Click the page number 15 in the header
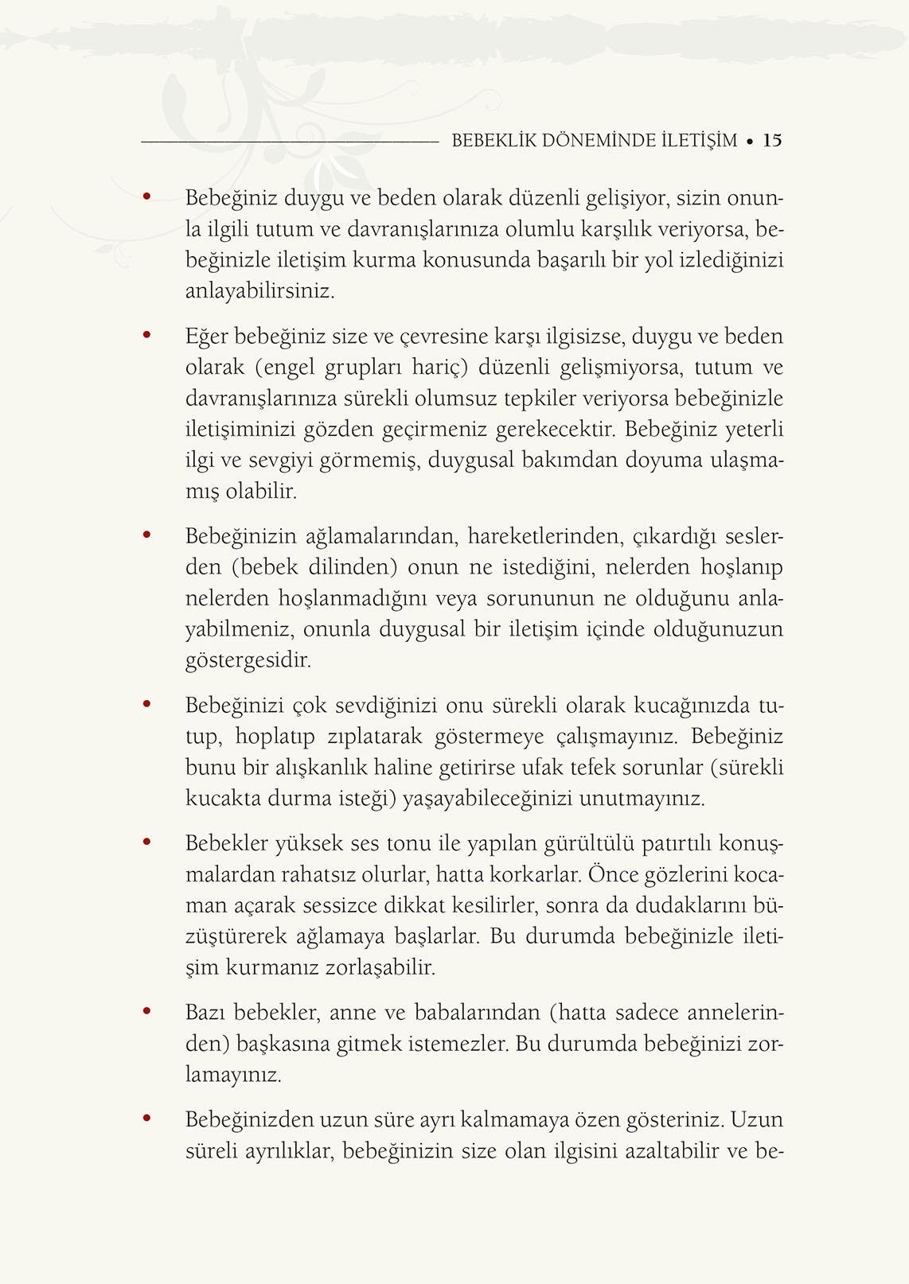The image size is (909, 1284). [772, 141]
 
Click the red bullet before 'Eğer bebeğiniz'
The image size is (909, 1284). [146, 335]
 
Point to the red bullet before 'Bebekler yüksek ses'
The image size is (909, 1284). [146, 841]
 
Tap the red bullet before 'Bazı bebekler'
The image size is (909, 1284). [146, 1012]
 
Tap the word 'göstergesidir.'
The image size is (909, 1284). [248, 660]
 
